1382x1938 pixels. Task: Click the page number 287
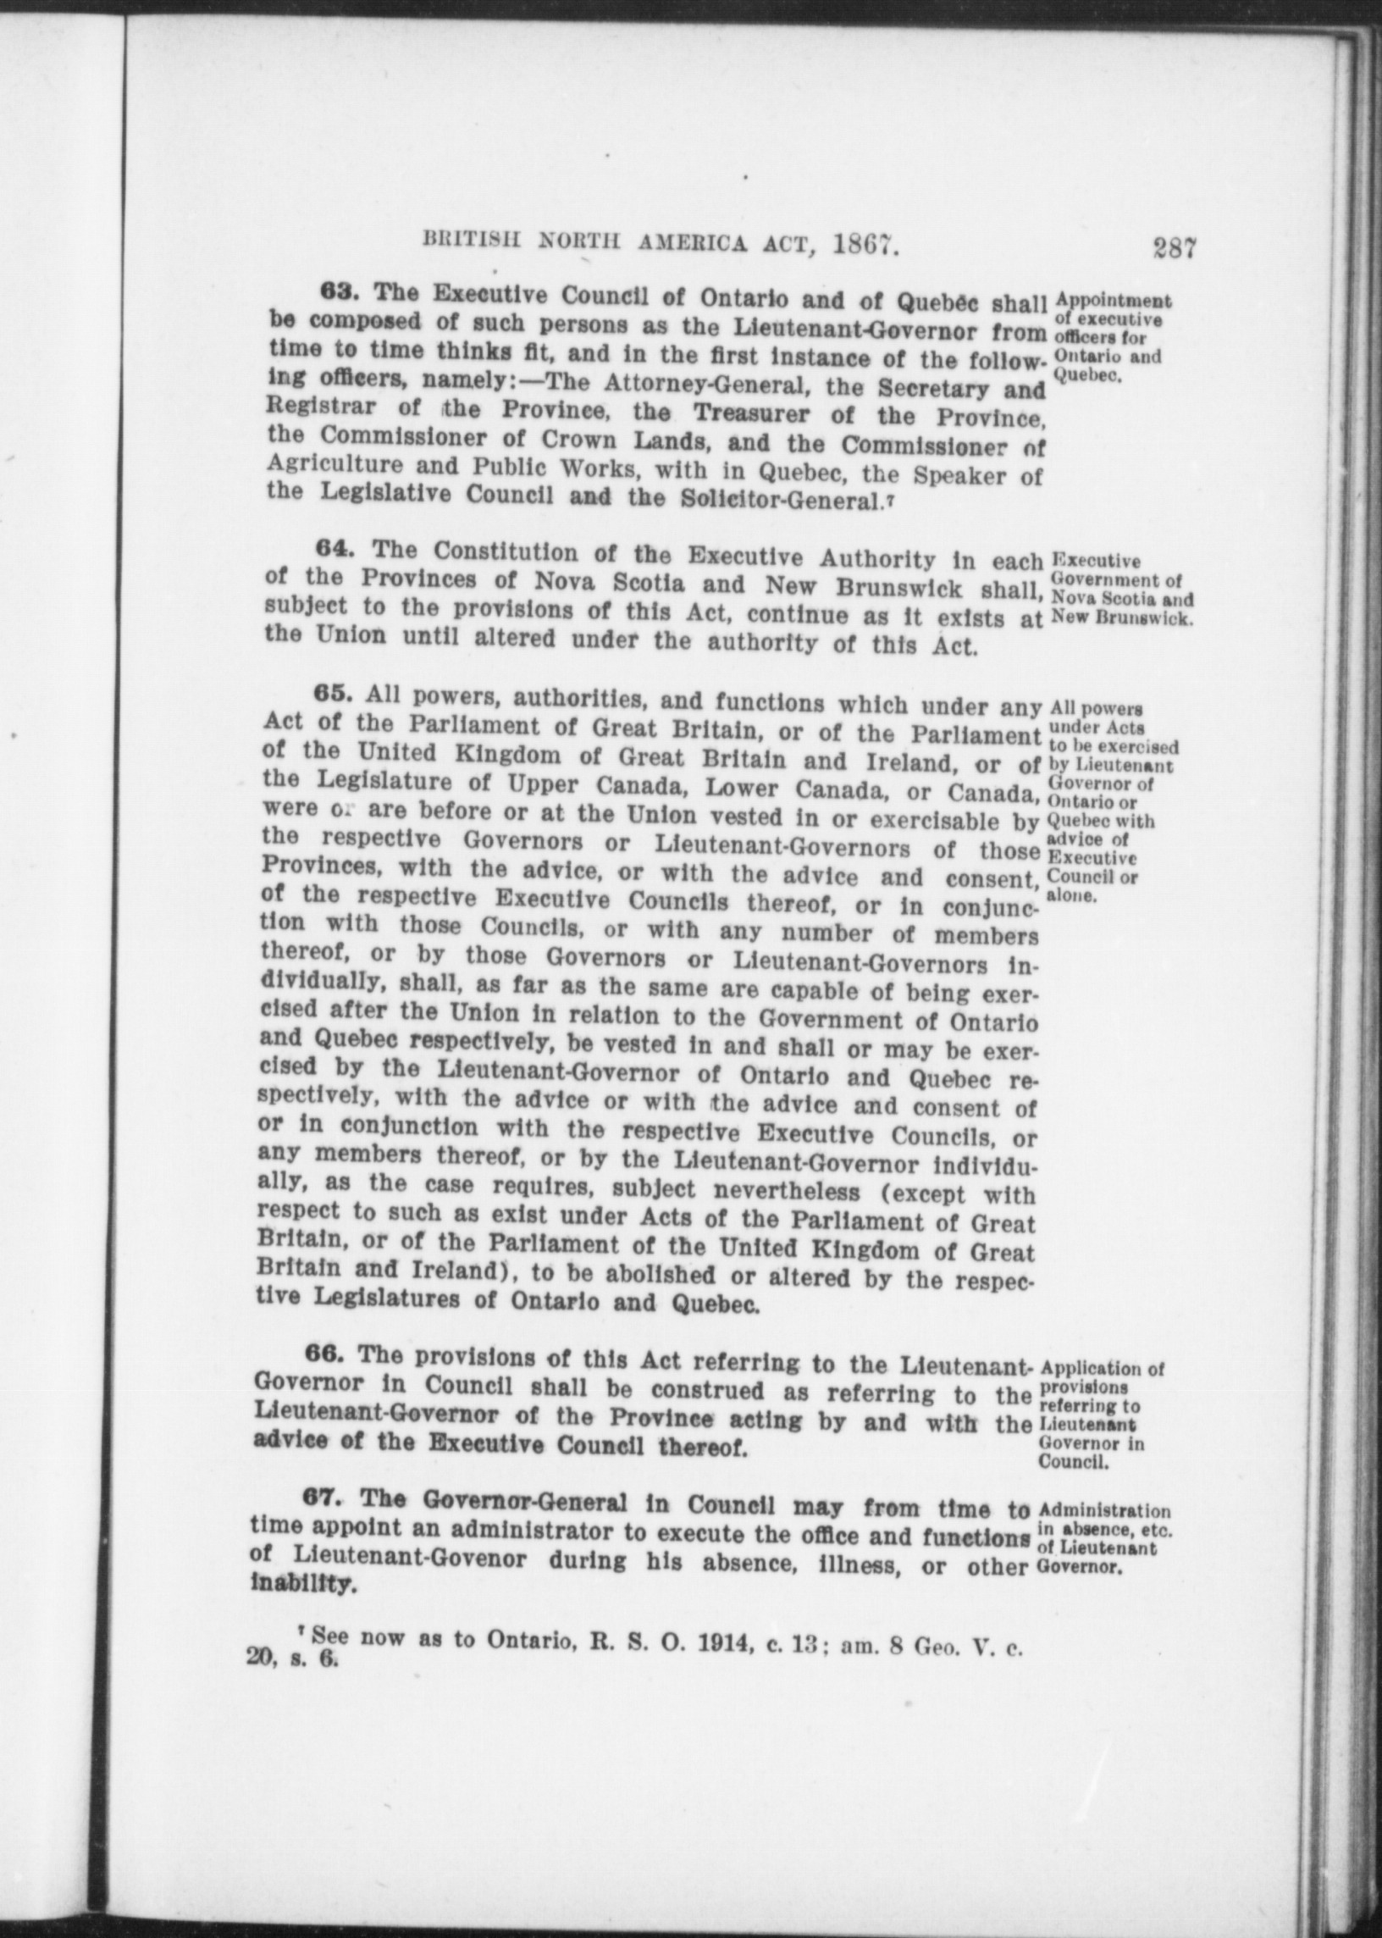[1175, 246]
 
